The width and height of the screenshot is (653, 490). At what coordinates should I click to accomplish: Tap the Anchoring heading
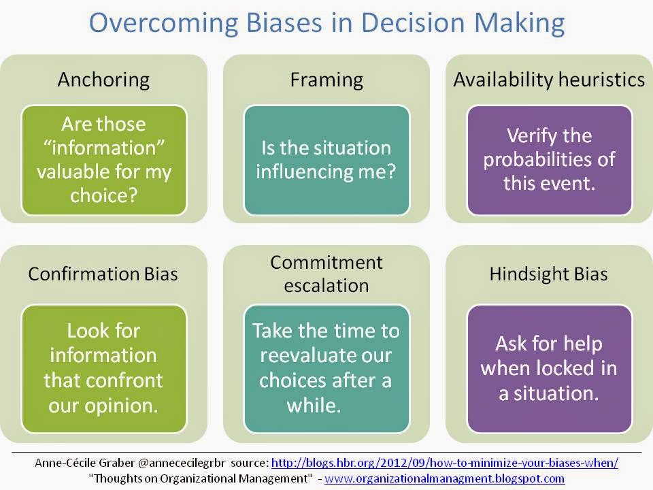[103, 80]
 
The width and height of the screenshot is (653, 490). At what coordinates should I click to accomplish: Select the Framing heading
[326, 80]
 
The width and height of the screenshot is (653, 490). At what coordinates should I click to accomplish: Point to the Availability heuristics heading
[549, 80]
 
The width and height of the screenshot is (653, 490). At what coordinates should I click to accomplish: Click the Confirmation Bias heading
[103, 274]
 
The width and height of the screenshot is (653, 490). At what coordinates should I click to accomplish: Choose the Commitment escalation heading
[326, 274]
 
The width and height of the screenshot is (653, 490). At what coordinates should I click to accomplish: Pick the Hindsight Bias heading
[548, 274]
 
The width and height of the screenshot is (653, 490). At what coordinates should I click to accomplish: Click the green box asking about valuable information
[103, 160]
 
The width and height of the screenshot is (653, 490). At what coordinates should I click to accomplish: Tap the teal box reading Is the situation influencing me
[326, 160]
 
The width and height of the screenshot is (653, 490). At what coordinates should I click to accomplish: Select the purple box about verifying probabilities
[550, 160]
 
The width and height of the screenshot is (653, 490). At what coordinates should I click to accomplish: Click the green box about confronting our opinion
[103, 369]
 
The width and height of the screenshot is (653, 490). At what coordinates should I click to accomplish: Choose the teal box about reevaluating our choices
[326, 369]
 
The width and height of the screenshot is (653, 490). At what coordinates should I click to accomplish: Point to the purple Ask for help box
[550, 369]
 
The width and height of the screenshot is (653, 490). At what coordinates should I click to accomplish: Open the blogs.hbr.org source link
[445, 463]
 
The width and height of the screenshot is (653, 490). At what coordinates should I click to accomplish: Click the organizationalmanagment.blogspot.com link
[444, 478]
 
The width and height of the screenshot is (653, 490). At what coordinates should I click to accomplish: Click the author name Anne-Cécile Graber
[85, 463]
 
